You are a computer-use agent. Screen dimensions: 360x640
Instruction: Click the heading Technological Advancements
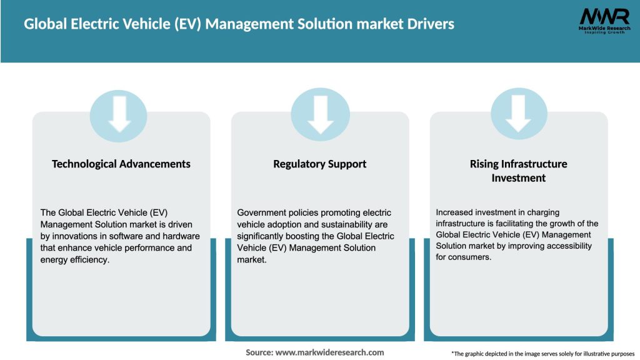(x=121, y=164)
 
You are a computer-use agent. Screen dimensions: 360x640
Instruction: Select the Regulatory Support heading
(x=319, y=164)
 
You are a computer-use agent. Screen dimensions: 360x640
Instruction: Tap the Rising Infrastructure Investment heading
(x=518, y=171)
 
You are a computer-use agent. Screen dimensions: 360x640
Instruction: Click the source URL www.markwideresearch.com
(x=330, y=352)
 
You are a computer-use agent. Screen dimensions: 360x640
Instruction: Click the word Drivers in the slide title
(x=431, y=24)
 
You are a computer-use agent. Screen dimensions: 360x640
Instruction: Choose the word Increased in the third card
(x=456, y=212)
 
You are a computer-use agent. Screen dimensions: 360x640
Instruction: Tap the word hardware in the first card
(x=179, y=236)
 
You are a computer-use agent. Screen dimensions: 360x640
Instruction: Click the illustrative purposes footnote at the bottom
(x=542, y=354)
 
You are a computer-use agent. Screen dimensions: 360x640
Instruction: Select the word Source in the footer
(x=259, y=352)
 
